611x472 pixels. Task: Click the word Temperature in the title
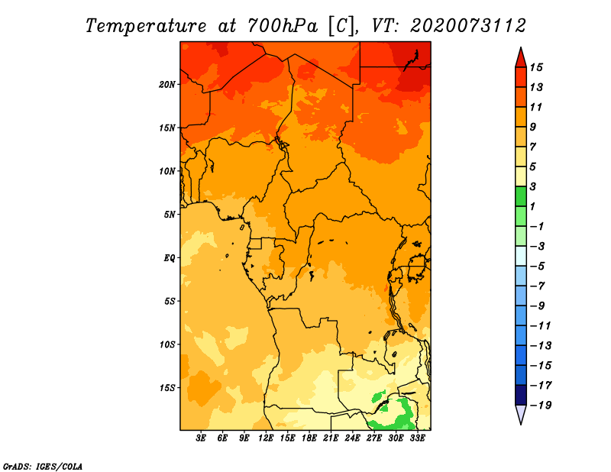(x=142, y=25)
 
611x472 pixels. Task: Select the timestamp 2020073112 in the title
(x=468, y=25)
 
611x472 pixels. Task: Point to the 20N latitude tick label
(x=167, y=84)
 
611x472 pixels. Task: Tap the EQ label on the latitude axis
(x=170, y=257)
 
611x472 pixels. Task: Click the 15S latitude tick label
(x=167, y=387)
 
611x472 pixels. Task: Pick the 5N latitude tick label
(x=170, y=214)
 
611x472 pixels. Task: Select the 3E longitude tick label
(x=202, y=439)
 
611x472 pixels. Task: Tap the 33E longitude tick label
(x=418, y=439)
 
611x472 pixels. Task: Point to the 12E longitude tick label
(x=267, y=439)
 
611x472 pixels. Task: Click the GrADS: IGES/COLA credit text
(x=42, y=465)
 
